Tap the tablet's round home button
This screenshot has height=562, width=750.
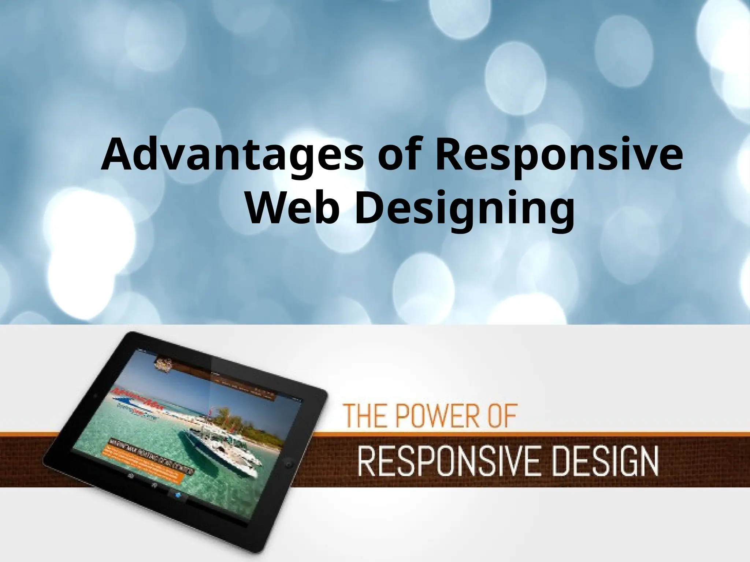(289, 464)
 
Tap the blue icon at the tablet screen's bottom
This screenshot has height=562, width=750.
(178, 495)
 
